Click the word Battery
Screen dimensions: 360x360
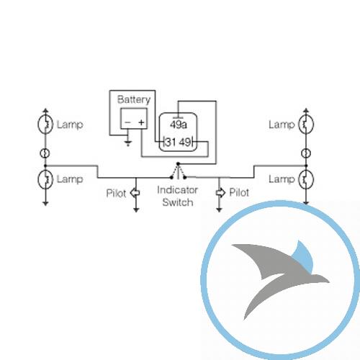pos(134,99)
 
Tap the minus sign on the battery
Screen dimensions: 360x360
pos(128,122)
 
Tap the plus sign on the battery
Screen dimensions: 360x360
pos(142,122)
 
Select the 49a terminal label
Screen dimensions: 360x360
pos(179,125)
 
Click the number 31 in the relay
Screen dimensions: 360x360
pos(171,142)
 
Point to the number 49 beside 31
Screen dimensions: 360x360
pos(185,142)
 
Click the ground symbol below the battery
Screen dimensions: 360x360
pos(128,143)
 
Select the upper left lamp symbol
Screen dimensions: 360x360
pos(45,125)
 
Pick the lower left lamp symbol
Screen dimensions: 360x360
pos(45,179)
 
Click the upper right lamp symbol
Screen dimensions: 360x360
pos(306,125)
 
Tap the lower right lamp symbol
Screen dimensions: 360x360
pos(306,179)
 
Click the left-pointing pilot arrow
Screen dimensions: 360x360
pos(135,193)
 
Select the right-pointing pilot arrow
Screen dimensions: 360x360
pos(220,193)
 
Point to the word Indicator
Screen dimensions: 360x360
pos(177,190)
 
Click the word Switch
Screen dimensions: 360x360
pos(178,202)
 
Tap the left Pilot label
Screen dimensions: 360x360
pos(116,193)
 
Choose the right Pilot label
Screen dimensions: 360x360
pos(239,192)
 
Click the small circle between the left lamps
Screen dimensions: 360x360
pos(45,153)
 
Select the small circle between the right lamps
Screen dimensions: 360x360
pos(306,153)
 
